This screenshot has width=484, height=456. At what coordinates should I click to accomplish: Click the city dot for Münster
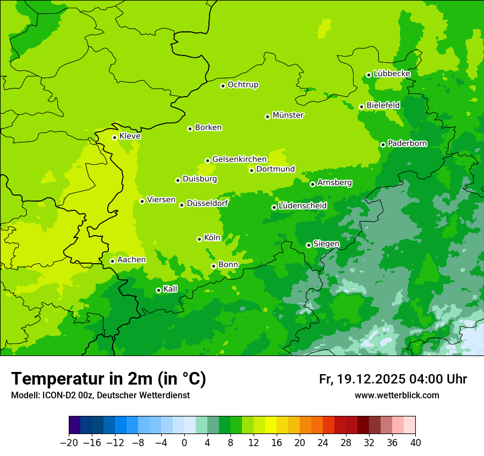[x=267, y=116]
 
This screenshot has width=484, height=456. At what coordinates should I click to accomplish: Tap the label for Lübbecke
[x=392, y=74]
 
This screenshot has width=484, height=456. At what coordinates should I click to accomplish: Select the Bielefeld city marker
[x=361, y=107]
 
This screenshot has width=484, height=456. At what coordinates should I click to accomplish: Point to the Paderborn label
[x=407, y=143]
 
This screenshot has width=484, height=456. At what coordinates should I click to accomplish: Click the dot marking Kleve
[x=114, y=137]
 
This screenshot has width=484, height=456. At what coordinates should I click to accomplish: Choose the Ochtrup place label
[x=243, y=85]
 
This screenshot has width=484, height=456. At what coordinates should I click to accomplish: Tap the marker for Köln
[x=199, y=239]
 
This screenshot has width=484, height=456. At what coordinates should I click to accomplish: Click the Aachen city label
[x=131, y=260]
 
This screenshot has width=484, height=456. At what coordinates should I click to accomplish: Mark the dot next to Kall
[x=158, y=290]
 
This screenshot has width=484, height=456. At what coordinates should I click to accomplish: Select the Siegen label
[x=326, y=244]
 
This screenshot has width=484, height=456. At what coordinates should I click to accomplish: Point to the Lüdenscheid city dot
[x=274, y=207]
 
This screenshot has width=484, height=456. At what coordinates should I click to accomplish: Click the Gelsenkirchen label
[x=239, y=159]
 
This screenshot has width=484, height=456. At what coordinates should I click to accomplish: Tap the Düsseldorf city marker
[x=182, y=205]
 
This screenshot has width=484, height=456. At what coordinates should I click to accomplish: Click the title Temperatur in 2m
[x=108, y=379]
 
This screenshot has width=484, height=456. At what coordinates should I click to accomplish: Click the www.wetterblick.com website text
[x=397, y=396]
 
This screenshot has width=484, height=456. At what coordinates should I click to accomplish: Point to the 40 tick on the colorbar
[x=415, y=443]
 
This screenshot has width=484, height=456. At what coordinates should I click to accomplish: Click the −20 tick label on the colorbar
[x=69, y=443]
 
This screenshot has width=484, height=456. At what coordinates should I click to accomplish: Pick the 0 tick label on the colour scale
[x=184, y=443]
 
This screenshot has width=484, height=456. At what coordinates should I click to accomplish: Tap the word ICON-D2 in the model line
[x=57, y=396]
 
